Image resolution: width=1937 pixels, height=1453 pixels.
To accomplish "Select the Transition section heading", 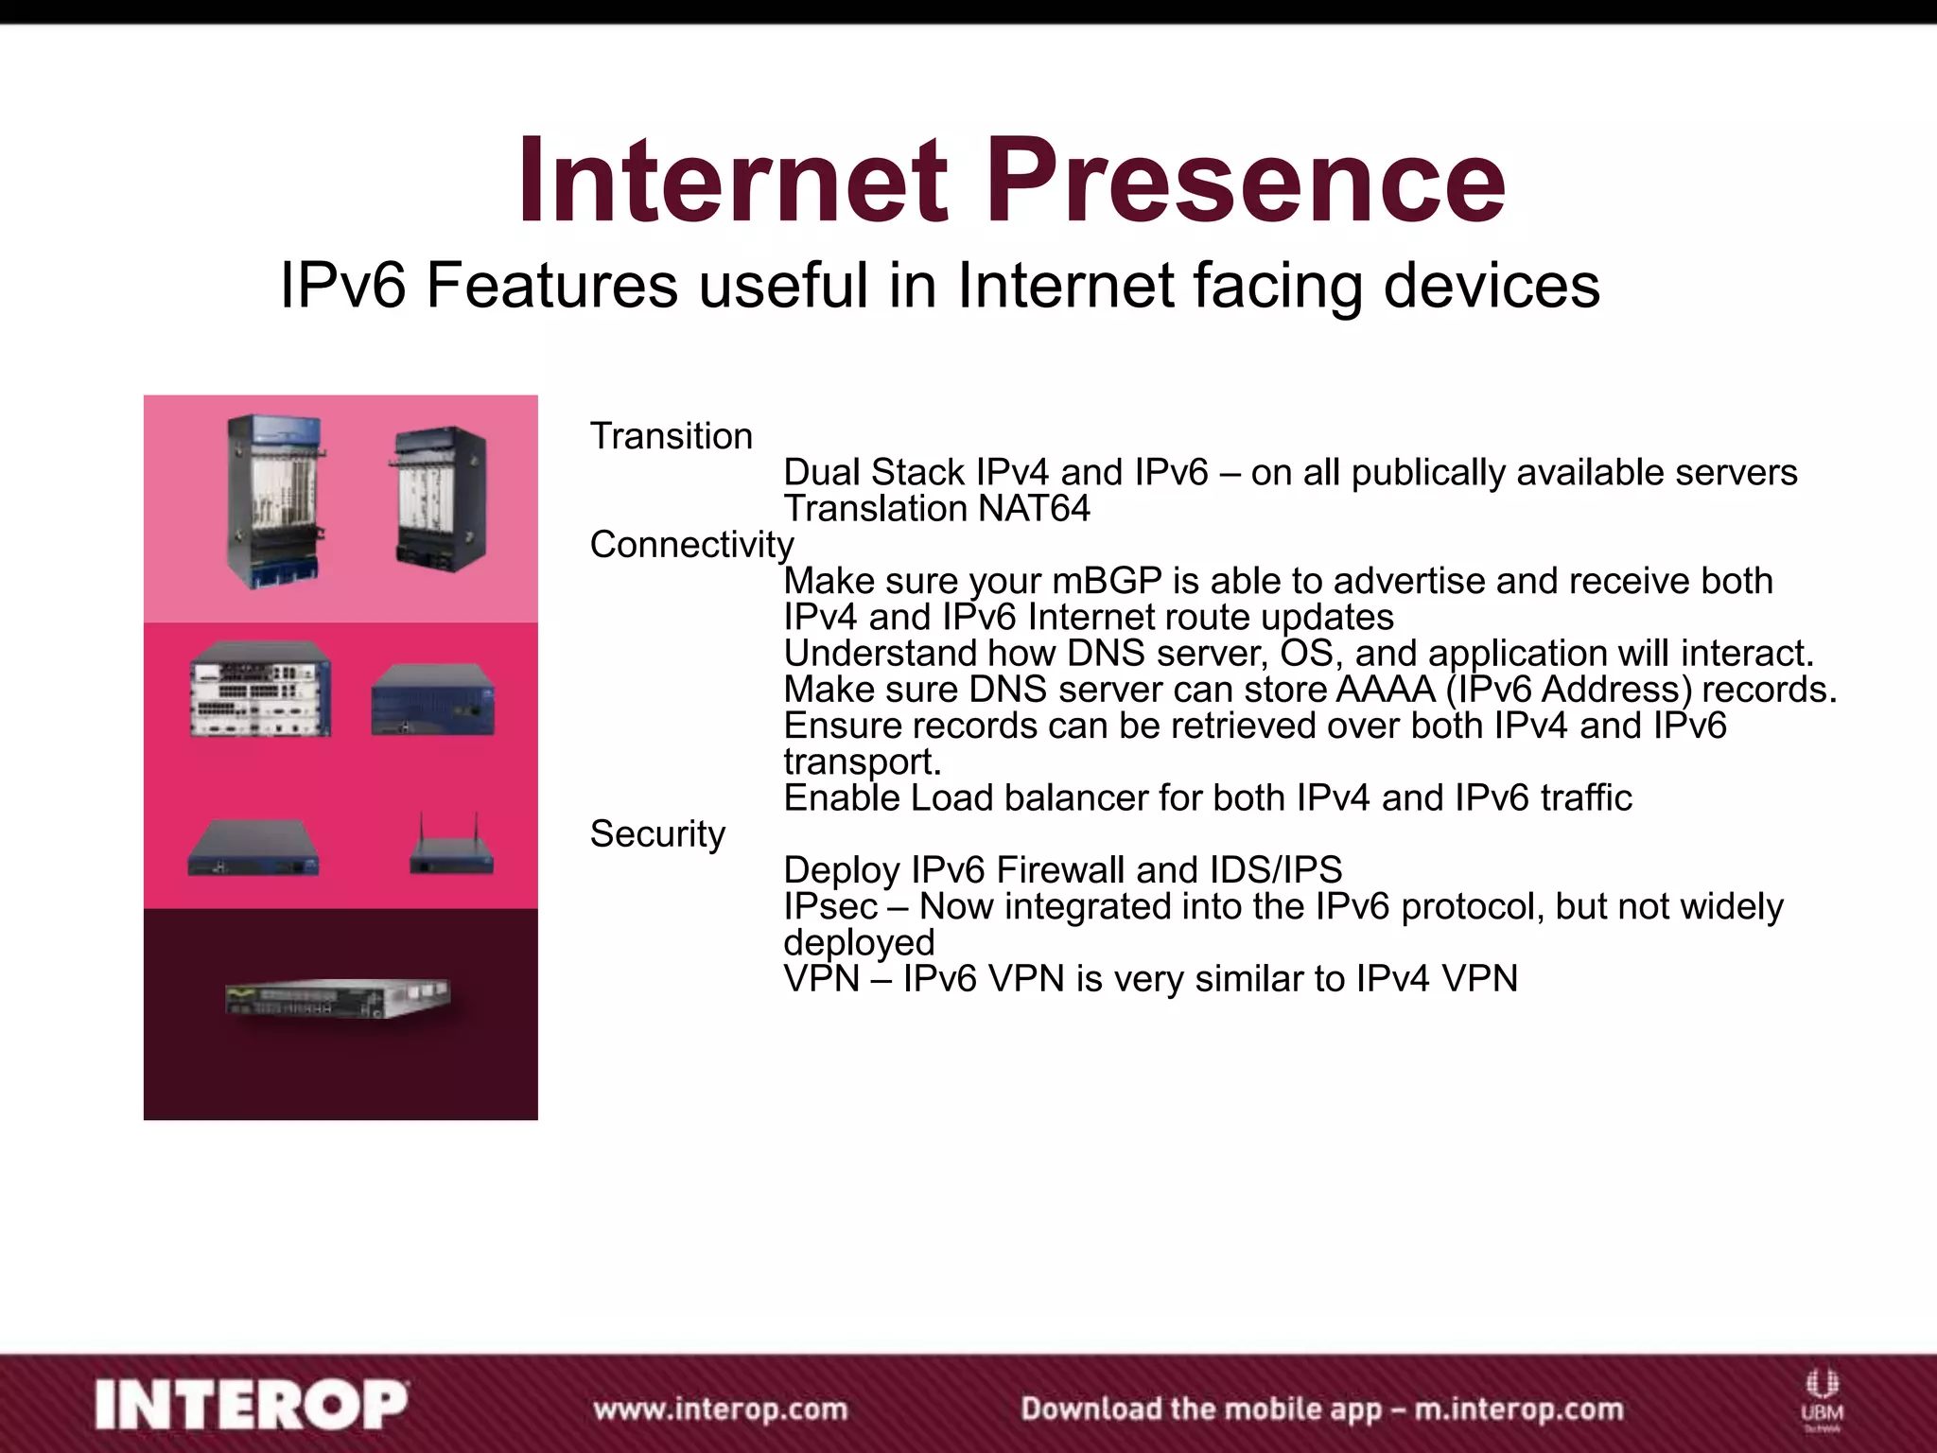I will (x=671, y=436).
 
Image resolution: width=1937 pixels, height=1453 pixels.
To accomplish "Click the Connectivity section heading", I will (x=691, y=545).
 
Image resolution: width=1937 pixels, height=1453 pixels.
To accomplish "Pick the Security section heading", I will (x=657, y=833).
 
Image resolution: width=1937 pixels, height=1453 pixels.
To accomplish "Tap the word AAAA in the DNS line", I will (x=1386, y=690).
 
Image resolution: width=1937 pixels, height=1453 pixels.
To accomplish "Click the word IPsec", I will (x=830, y=906).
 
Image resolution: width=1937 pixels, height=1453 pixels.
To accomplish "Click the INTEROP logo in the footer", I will (x=251, y=1405).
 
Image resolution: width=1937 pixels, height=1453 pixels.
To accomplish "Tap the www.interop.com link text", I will (x=720, y=1409).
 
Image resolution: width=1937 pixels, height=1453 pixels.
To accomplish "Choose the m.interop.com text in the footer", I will (x=1519, y=1409).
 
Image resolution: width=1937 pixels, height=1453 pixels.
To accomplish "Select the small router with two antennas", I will (x=452, y=849).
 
